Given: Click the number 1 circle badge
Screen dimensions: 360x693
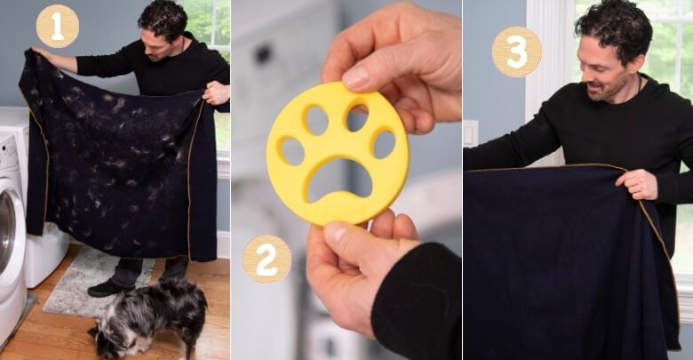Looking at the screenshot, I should tap(57, 27).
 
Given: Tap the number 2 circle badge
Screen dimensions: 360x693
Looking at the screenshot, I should tap(267, 259).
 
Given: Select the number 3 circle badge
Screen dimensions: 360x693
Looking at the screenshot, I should tap(516, 51).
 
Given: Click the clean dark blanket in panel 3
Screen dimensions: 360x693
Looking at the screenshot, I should tap(560, 267).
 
